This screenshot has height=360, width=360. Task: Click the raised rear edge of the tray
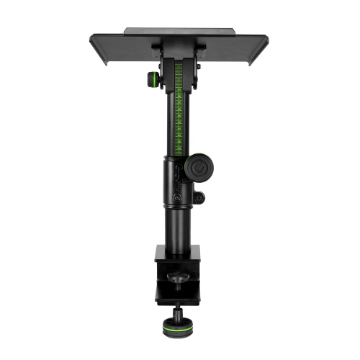pos(180,31)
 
